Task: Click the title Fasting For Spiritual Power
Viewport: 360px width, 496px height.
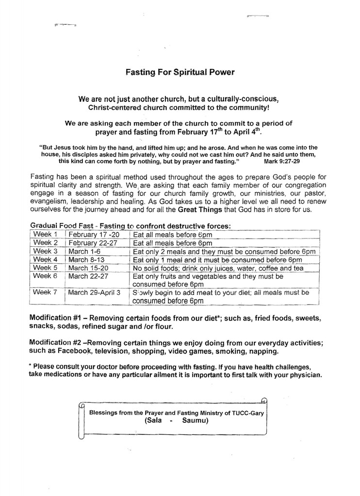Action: point(180,72)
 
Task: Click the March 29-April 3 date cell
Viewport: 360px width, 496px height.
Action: point(95,292)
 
